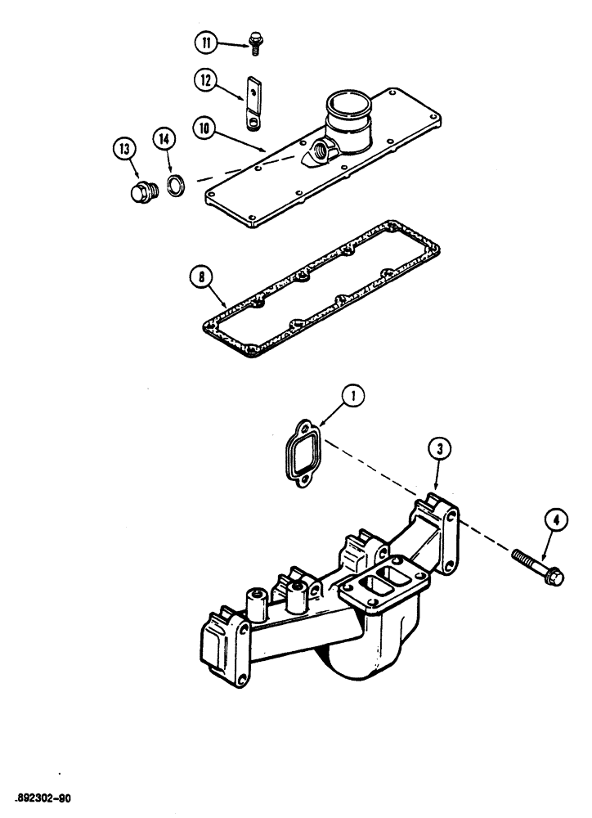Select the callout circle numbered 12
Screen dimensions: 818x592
click(x=204, y=80)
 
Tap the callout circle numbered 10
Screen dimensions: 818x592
click(x=204, y=127)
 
